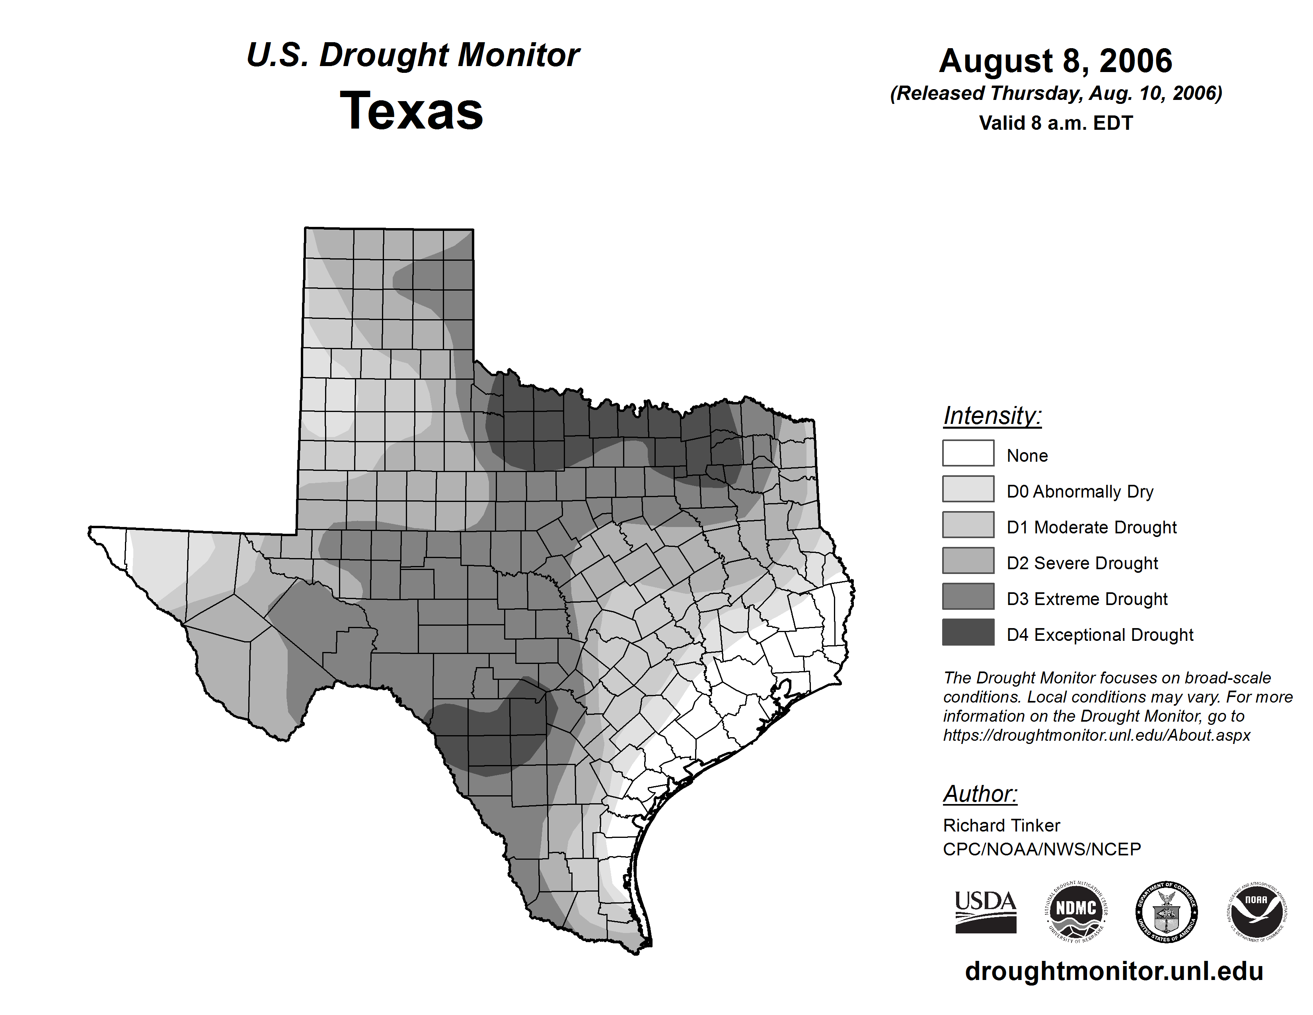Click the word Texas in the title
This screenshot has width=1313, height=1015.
point(411,111)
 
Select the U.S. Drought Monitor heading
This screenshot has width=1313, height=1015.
point(413,55)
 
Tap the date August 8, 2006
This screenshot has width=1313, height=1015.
point(1055,61)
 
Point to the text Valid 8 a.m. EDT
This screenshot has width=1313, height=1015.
point(1055,123)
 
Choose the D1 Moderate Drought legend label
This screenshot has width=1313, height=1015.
point(1091,527)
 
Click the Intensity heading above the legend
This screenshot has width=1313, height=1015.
point(992,416)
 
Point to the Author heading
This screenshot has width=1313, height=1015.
point(980,794)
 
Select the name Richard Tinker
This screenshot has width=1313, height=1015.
point(1001,825)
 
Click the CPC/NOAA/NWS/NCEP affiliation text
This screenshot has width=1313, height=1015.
point(1041,849)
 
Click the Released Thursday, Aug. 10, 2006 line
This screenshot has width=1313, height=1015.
point(1055,94)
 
